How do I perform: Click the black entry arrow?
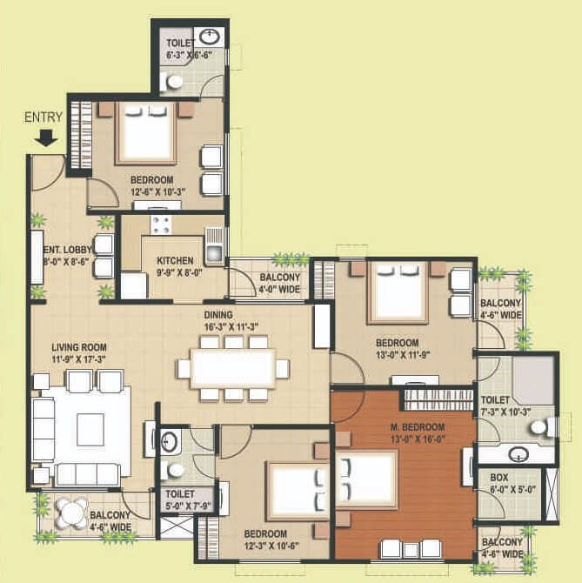coord(49,137)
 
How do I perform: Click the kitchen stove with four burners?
coord(161,224)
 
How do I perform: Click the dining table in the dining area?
coord(233,368)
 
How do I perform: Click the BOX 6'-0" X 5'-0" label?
coord(501,483)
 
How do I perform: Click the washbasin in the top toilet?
coord(210,37)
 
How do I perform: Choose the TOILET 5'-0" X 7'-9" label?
coord(180,498)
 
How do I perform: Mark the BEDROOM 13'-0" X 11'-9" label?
coord(398,348)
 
